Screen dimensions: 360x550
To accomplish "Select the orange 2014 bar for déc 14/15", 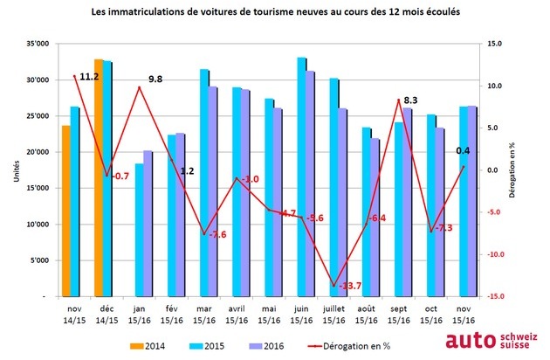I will [99, 175].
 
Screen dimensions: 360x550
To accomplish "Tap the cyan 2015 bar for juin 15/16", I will [300, 175].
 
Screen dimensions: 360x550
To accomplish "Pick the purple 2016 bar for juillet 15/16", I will [342, 201].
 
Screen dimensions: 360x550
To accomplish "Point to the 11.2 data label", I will [90, 77].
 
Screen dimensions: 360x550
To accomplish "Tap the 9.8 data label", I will [155, 80].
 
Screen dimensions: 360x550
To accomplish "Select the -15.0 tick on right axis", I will [497, 297].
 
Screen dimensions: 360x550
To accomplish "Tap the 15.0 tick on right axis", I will [496, 43].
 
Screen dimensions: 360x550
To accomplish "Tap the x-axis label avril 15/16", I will [237, 313].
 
